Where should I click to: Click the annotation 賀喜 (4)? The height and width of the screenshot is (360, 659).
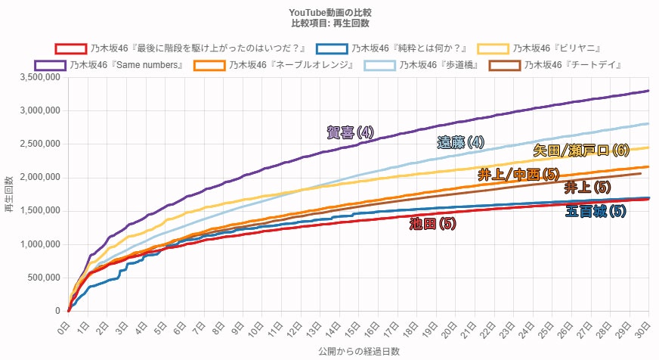[350, 132]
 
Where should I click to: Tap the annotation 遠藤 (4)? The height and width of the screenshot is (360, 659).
[460, 142]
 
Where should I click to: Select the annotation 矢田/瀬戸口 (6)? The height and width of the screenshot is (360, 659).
[580, 150]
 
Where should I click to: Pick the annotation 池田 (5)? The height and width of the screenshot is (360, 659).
[432, 223]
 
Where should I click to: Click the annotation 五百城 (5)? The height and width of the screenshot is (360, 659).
[596, 211]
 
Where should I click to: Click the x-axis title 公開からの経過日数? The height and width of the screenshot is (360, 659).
[358, 352]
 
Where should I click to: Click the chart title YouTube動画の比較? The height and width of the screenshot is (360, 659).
[329, 13]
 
